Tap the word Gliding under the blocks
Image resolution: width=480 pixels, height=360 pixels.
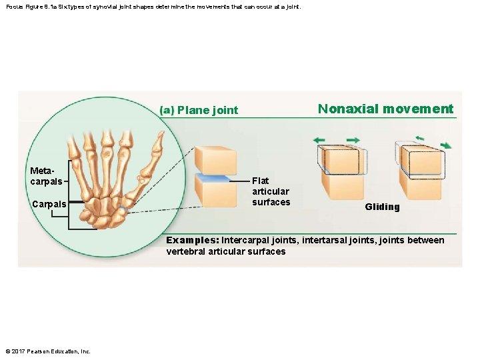point(382,207)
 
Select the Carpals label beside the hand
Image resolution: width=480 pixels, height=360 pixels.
point(49,204)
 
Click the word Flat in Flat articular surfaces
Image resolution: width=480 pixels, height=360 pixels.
point(261,181)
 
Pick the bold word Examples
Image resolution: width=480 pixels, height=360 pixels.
point(192,240)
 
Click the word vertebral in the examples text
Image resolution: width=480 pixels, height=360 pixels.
point(186,251)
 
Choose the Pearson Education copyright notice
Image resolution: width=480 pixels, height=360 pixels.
point(47,351)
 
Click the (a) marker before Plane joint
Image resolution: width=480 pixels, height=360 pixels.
point(167,110)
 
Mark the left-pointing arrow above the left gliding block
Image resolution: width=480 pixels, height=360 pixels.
point(319,140)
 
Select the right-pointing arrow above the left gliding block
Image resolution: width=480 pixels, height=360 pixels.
point(353,140)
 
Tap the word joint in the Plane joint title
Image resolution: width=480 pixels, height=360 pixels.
point(225,110)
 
